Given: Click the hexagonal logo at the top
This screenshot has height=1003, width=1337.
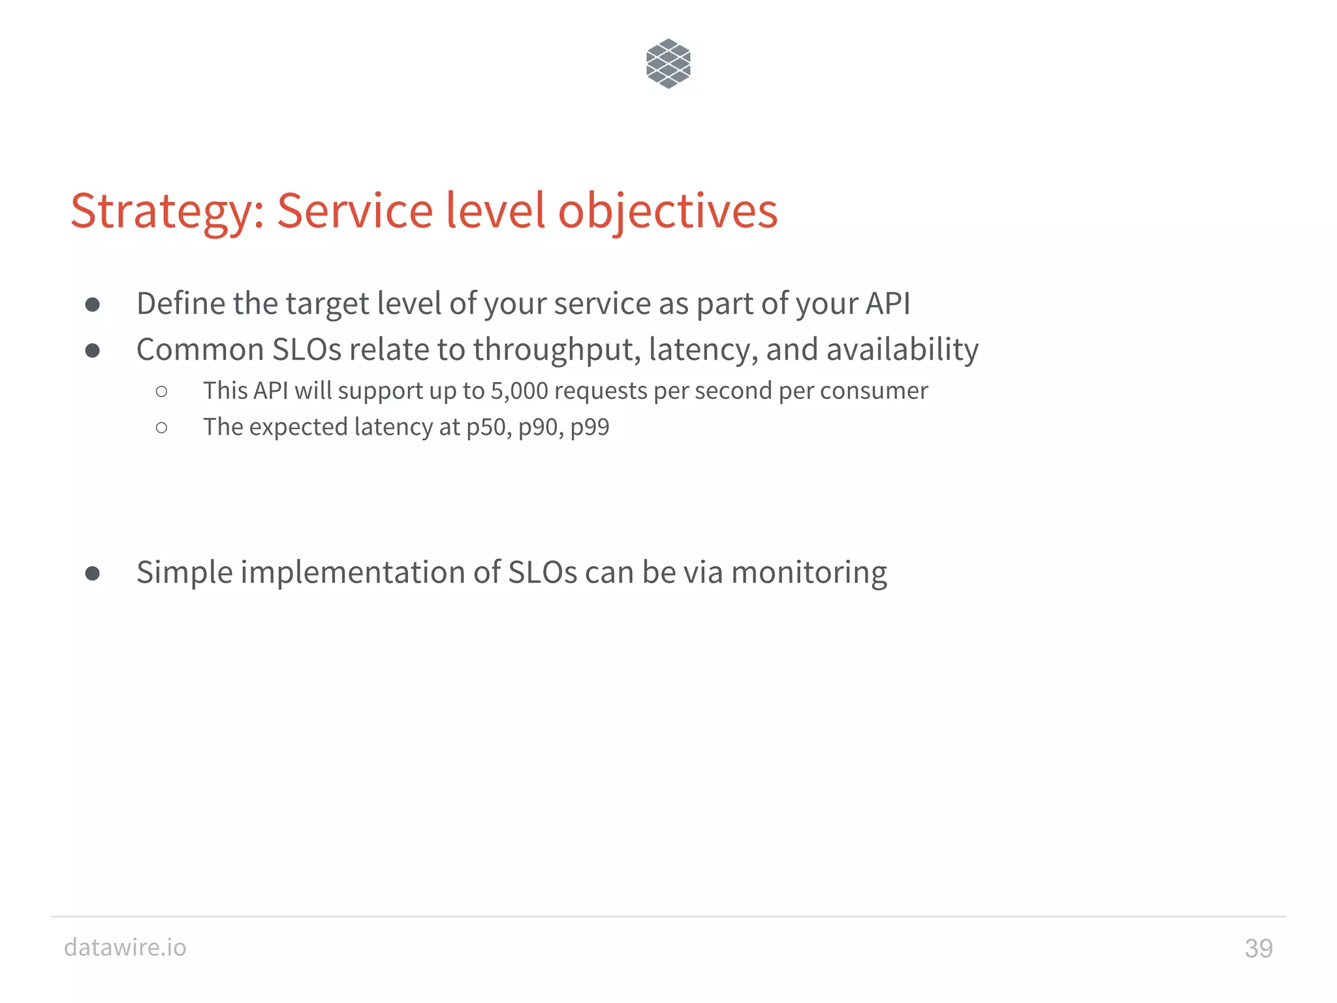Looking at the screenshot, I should (668, 63).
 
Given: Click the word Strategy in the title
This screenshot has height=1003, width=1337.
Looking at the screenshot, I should (167, 212).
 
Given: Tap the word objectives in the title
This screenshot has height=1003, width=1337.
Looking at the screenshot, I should (667, 212).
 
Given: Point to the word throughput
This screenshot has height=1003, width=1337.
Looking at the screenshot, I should (556, 351).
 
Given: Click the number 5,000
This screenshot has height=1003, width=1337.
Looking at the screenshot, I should (519, 391).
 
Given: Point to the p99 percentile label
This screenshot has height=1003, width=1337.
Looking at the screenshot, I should (590, 428).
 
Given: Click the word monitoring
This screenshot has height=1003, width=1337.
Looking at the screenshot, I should (809, 573).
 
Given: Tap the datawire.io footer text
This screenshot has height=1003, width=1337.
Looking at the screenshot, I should (125, 947).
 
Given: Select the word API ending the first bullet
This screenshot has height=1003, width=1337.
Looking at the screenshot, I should (887, 304).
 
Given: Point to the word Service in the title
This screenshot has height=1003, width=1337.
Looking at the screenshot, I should (354, 211).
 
